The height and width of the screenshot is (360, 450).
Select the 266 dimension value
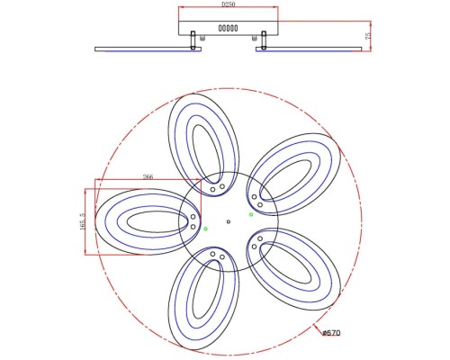pyautogui.click(x=147, y=178)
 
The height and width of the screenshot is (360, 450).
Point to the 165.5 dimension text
pyautogui.click(x=81, y=221)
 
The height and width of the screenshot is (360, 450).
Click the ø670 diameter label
pyautogui.click(x=331, y=334)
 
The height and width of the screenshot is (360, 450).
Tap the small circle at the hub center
pyautogui.click(x=229, y=221)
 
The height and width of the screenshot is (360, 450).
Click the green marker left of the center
pyautogui.click(x=205, y=229)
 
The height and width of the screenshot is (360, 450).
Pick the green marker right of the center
pyautogui.click(x=252, y=214)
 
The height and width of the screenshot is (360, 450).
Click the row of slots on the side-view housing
pyautogui.click(x=228, y=29)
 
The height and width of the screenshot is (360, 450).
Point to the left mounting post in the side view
pyautogui.click(x=194, y=40)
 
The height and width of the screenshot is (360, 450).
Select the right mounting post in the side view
pyautogui.click(x=264, y=40)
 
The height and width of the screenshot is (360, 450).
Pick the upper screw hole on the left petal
pyautogui.click(x=193, y=216)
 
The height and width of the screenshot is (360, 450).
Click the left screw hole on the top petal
pyautogui.click(x=213, y=189)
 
